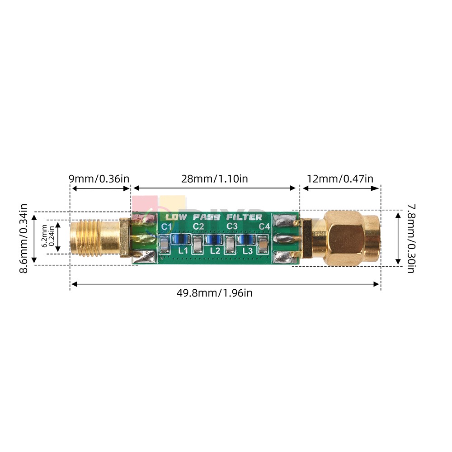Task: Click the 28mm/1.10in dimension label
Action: point(214,179)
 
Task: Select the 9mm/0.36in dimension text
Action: point(99,179)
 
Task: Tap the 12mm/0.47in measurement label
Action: point(340,179)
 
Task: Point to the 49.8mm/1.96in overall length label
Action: point(214,293)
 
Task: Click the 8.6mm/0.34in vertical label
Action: point(24,238)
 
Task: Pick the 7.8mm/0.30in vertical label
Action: point(410,238)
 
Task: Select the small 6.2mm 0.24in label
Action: point(47,235)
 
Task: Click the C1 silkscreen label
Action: point(166,226)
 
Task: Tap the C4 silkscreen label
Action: point(264,226)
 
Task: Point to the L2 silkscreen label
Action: point(215,250)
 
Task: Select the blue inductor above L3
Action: point(246,239)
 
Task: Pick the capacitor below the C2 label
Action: point(198,245)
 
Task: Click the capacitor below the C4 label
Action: point(262,245)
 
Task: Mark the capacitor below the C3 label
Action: point(231,245)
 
